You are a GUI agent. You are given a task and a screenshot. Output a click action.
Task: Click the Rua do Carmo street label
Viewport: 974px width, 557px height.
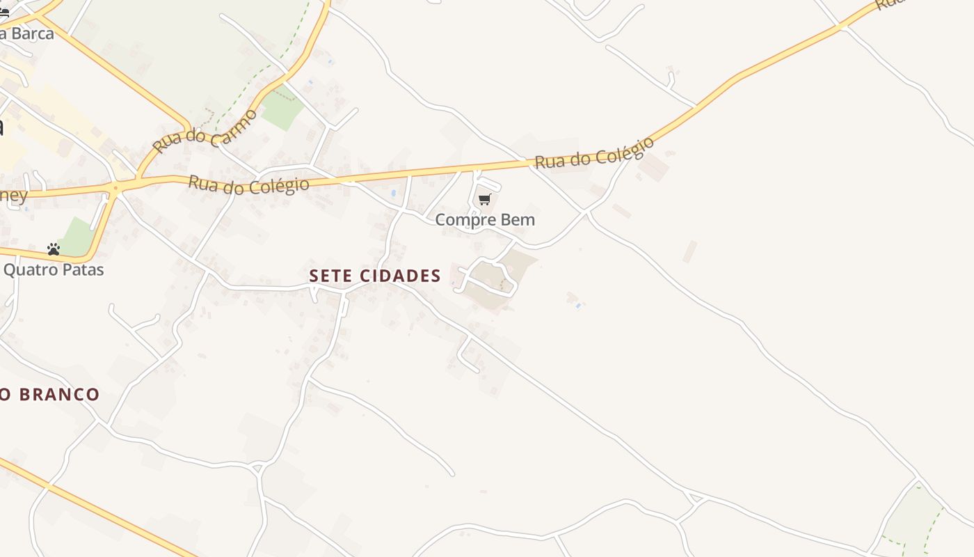coord(205,131)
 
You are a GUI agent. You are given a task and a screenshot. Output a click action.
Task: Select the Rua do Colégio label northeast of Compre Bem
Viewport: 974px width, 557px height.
coord(594,153)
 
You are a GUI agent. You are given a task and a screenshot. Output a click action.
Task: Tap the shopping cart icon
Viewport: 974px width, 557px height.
coord(485,200)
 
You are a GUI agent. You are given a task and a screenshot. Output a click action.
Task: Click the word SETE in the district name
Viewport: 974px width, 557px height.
coord(330,276)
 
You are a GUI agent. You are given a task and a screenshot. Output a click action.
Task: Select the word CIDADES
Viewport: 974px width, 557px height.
coord(401,276)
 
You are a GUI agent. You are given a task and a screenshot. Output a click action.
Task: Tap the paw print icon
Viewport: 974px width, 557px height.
coord(54,249)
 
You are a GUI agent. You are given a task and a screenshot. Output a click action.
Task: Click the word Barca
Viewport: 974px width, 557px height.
coord(31,33)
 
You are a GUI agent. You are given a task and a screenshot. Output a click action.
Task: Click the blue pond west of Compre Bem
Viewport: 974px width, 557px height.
coord(394,193)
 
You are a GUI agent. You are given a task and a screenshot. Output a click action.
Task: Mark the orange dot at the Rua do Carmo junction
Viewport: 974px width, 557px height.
coord(115,187)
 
